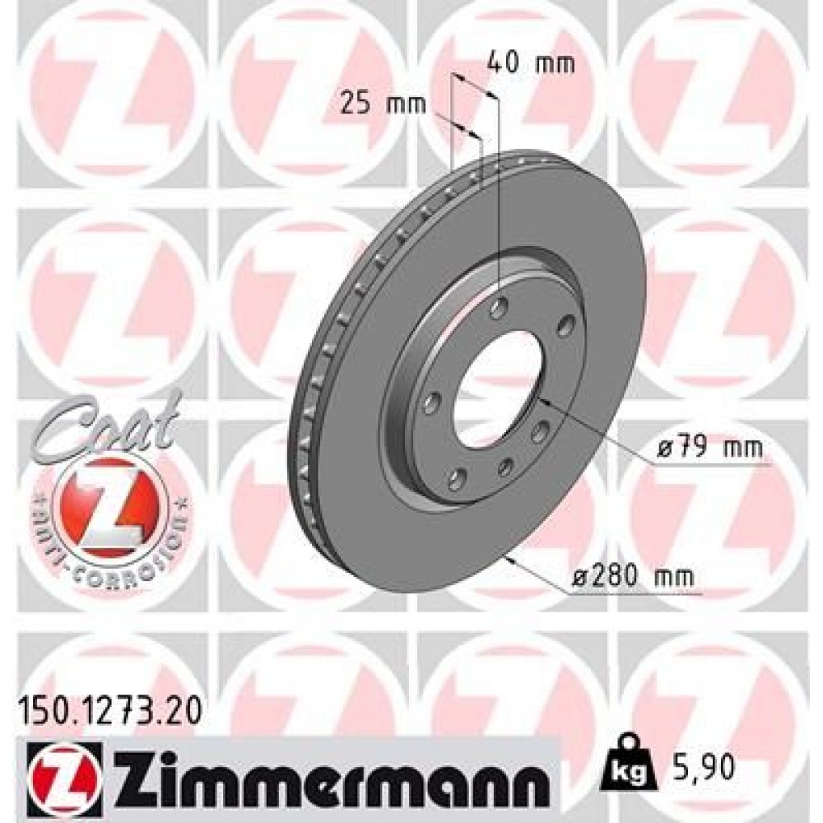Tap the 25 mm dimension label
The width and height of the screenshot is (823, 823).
[x=383, y=104]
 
